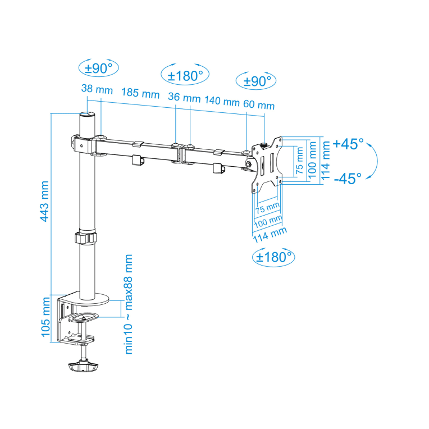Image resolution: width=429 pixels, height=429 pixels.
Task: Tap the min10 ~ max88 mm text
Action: click(129, 303)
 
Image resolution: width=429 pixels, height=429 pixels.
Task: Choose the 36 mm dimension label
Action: click(184, 98)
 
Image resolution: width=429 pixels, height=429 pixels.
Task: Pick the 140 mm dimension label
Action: click(222, 101)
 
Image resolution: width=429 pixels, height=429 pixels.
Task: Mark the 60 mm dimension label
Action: click(259, 105)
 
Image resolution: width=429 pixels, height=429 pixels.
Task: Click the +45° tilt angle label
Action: click(348, 144)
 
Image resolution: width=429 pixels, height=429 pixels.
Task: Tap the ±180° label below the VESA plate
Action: click(274, 257)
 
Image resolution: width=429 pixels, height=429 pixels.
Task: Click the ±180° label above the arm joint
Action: click(185, 75)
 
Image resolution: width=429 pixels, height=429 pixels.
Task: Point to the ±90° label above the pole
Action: click(99, 69)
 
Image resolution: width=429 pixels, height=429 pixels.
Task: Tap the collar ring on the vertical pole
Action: click(86, 237)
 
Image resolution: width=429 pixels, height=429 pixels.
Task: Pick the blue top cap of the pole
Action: click(87, 115)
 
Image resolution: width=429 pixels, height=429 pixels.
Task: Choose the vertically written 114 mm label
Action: click(324, 159)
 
